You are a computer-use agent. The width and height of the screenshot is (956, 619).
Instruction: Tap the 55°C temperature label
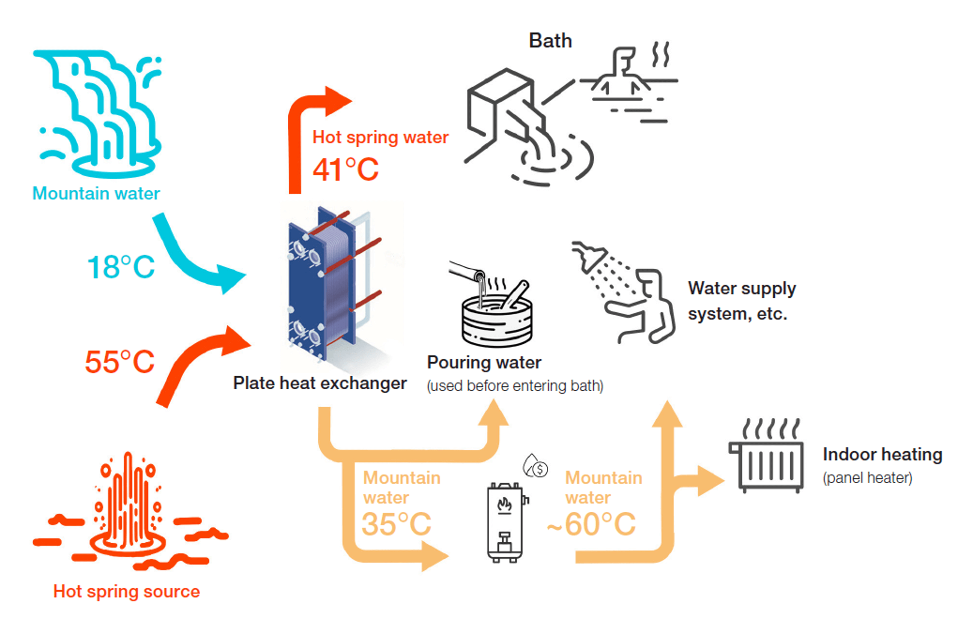coord(120,362)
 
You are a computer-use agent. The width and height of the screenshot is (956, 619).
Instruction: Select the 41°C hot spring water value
coord(346,169)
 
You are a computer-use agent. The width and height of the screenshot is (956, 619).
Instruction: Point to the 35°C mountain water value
coord(397,524)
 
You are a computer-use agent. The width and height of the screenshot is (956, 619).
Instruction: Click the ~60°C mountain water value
coord(592,524)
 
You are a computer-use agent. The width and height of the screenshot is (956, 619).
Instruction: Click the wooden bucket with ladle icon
coord(497,318)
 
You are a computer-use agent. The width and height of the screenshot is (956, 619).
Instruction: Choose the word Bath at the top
coord(550,41)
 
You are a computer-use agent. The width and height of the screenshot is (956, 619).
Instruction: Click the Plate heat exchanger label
coord(320,383)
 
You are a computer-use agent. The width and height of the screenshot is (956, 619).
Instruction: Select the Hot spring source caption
coord(127,591)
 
